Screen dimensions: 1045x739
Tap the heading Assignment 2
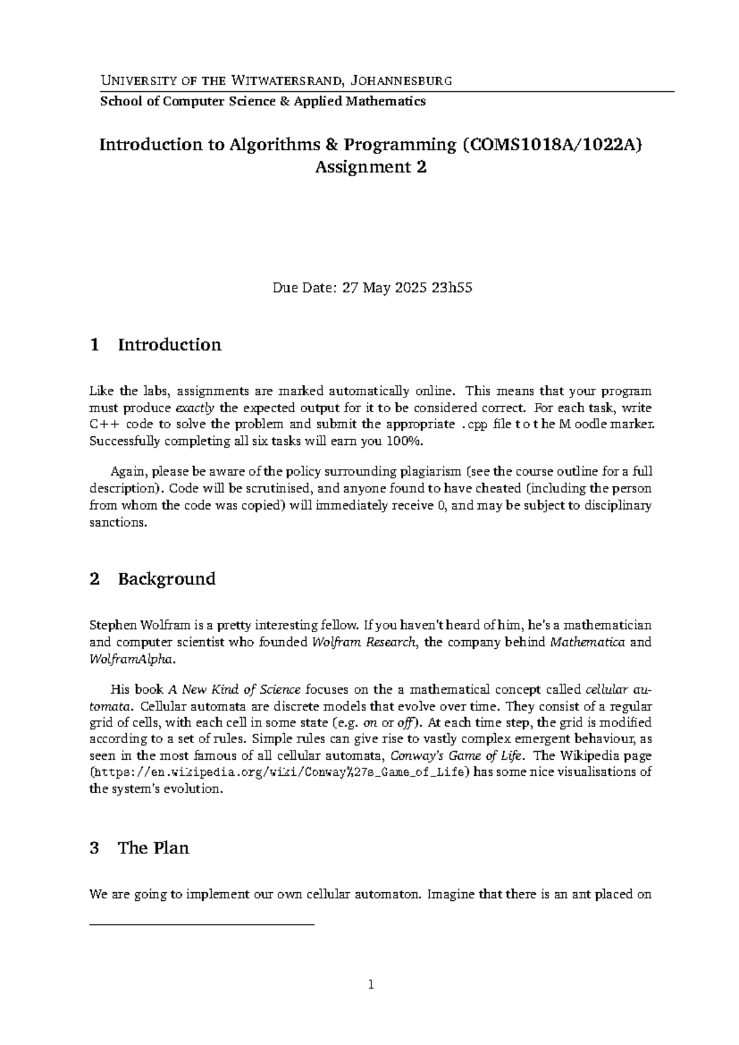370,167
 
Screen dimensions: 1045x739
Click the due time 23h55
452,288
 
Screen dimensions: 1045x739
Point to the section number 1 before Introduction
94,344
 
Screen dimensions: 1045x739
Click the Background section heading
166,579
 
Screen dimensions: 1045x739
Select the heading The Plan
153,848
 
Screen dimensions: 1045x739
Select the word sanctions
118,522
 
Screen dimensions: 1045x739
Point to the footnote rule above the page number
202,925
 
